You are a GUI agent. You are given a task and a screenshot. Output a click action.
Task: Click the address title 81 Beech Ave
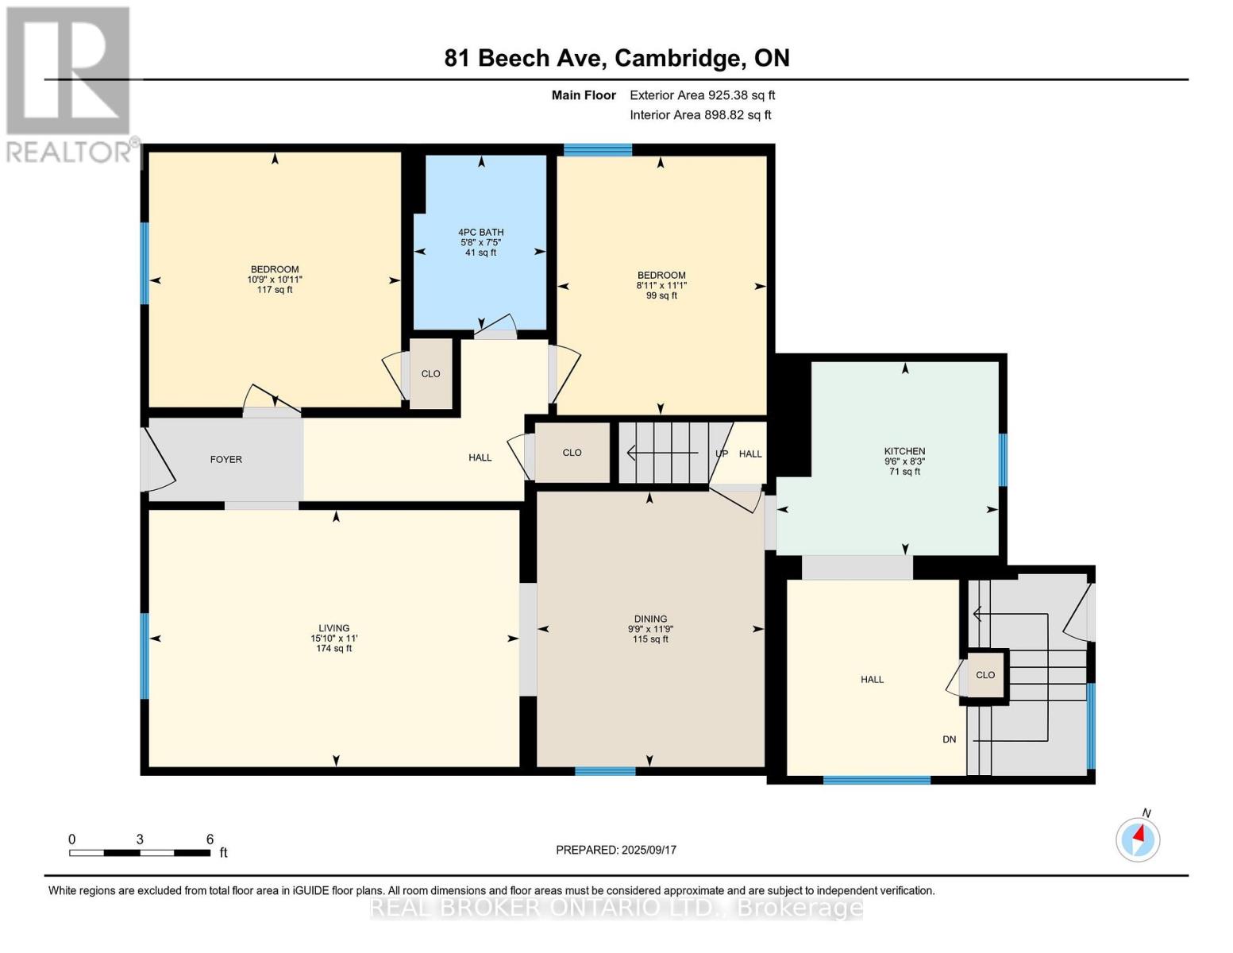tap(617, 58)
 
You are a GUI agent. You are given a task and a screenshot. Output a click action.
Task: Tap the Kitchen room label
tap(904, 451)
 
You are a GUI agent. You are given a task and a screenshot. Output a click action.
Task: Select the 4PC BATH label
tap(480, 232)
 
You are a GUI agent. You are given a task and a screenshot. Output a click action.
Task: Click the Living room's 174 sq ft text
tap(333, 649)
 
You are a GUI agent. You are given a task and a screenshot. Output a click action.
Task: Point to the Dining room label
tap(650, 619)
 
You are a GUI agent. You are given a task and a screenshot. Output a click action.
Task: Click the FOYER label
tap(225, 459)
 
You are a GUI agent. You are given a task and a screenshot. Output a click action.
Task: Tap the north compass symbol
tap(1138, 839)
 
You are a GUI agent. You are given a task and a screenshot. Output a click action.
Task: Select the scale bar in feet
tap(139, 852)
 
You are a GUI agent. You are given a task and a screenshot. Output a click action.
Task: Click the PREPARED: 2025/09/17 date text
tap(616, 850)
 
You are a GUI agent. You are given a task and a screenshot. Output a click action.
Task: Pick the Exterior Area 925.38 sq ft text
tap(702, 95)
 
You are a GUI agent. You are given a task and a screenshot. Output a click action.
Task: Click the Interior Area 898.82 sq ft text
tap(700, 115)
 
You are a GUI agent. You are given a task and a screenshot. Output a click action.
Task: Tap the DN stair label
tap(949, 739)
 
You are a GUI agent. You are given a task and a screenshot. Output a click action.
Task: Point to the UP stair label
tap(721, 453)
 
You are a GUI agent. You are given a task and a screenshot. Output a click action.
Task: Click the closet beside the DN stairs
tap(985, 675)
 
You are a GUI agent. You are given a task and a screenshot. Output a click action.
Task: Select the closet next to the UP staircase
tap(572, 453)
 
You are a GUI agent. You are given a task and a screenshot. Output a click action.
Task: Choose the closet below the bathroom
tap(430, 373)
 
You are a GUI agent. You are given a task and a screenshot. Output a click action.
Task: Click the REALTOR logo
tap(70, 83)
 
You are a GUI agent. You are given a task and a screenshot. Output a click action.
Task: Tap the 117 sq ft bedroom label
tap(275, 290)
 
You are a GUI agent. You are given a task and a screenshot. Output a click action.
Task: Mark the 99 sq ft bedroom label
tap(661, 295)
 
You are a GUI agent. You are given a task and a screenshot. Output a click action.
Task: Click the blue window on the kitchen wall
tap(1002, 459)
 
